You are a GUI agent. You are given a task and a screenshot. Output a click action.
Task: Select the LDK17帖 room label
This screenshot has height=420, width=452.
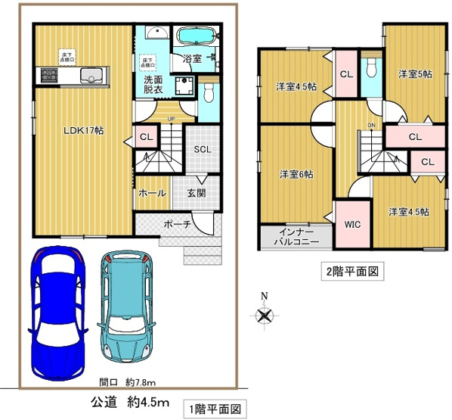[83, 130]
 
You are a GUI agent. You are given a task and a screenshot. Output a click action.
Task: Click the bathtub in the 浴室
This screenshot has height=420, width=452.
[196, 37]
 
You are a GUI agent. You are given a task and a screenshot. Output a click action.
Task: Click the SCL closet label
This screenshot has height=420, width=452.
[202, 149]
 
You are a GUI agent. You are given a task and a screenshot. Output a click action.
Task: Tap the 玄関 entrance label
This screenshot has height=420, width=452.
[197, 193]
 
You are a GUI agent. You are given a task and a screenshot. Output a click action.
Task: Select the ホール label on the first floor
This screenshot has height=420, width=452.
[152, 193]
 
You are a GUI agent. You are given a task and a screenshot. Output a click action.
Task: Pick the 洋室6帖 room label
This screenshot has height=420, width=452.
[296, 175]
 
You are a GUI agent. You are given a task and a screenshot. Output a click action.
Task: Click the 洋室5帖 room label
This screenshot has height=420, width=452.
[414, 73]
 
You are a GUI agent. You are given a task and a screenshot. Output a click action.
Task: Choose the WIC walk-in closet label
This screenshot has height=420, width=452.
[351, 225]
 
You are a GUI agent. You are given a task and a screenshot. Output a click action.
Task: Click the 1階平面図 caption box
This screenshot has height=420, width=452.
[215, 409]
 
